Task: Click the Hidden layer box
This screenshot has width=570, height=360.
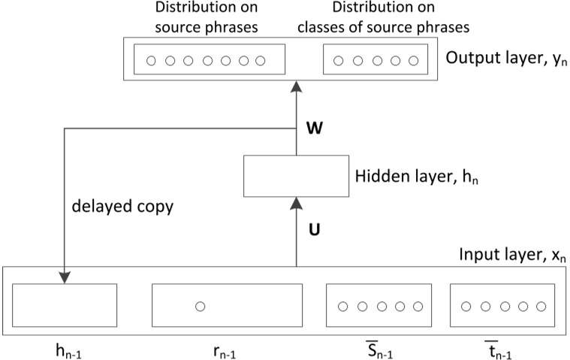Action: (296, 177)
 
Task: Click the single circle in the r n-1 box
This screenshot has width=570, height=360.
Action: (200, 306)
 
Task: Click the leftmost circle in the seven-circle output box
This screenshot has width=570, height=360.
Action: (151, 60)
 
